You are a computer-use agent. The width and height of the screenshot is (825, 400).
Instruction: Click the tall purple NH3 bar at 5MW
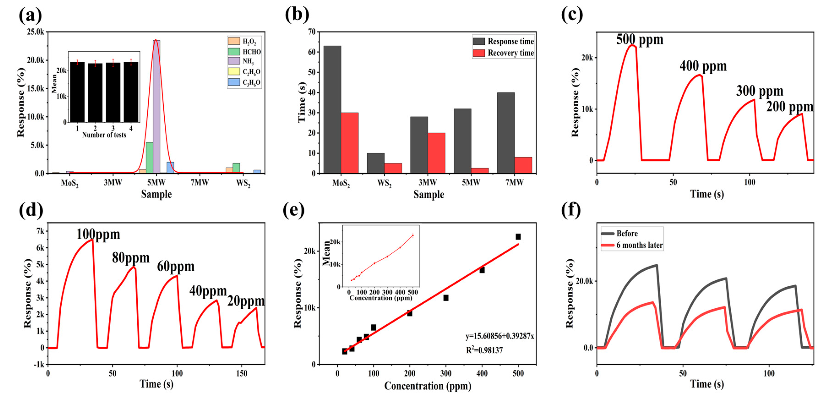(x=156, y=106)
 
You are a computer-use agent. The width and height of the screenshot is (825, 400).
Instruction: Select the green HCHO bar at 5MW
(x=149, y=158)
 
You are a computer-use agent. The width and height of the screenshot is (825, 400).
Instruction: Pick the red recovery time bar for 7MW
(x=523, y=165)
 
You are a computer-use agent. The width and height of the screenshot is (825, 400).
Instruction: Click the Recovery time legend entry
(x=504, y=53)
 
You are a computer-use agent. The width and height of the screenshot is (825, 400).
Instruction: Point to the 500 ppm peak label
(x=640, y=39)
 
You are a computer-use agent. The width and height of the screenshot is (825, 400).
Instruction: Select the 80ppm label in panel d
(x=131, y=258)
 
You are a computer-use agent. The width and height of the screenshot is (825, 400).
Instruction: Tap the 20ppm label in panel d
(x=246, y=301)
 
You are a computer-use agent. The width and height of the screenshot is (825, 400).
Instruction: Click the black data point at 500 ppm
(x=518, y=236)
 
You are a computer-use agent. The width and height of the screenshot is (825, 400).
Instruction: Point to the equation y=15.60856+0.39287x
(x=500, y=336)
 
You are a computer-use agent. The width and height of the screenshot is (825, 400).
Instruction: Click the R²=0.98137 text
(x=484, y=350)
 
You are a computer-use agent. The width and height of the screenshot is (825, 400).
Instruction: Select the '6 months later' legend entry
(x=632, y=245)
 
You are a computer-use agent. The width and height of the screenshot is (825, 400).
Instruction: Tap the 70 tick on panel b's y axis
(x=312, y=32)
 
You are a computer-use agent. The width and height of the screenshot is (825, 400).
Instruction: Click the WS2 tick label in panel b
(x=384, y=183)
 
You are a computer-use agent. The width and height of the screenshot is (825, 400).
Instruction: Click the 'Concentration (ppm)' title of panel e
(x=427, y=386)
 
